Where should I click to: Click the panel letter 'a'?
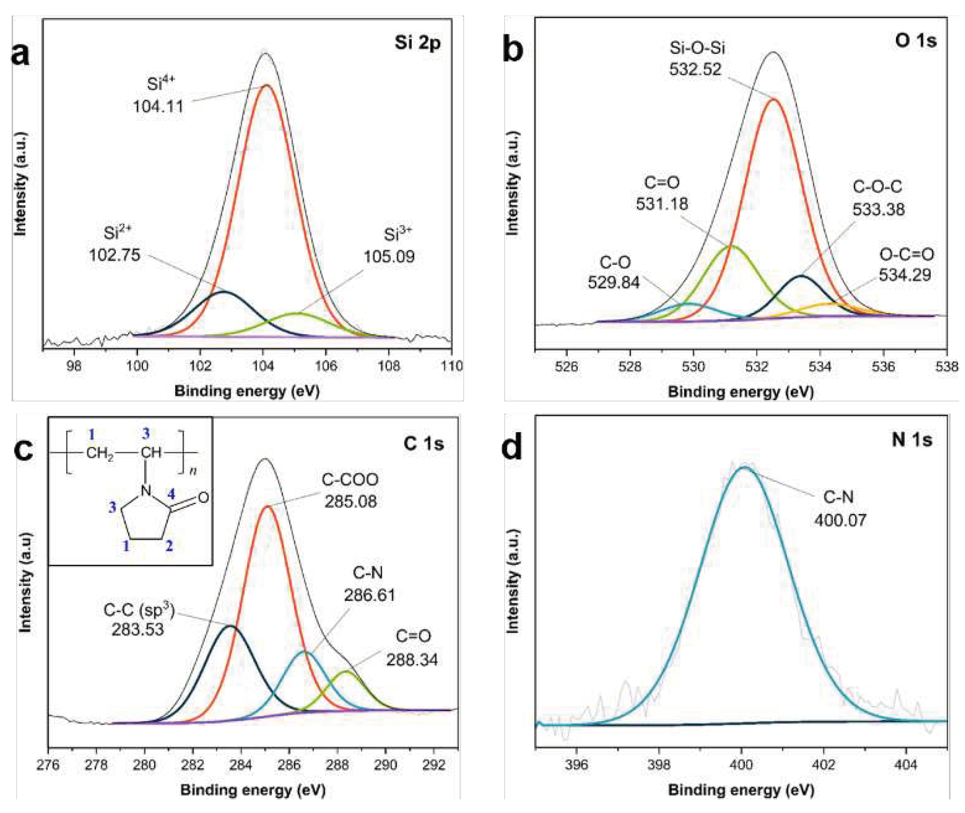click(x=20, y=54)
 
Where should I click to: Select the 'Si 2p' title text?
click(x=417, y=43)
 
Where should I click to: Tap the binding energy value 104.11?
click(x=158, y=107)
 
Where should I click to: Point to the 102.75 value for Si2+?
click(x=115, y=255)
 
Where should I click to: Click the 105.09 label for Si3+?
click(x=389, y=256)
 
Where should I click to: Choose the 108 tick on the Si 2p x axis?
click(x=389, y=366)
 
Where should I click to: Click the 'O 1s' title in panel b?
click(x=915, y=41)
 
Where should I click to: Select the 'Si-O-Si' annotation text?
click(x=697, y=48)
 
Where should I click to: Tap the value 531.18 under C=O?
click(x=662, y=204)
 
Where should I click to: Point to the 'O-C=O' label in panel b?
click(x=906, y=254)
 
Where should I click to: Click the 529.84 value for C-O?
click(x=613, y=282)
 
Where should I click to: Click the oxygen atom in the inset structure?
click(x=203, y=498)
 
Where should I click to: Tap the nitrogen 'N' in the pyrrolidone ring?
click(x=146, y=491)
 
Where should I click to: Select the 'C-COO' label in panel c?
click(x=350, y=480)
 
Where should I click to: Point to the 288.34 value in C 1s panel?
click(x=412, y=660)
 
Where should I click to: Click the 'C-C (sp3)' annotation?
click(x=139, y=610)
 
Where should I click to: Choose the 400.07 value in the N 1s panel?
click(x=840, y=520)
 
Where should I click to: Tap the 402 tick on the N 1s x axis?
click(x=823, y=765)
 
